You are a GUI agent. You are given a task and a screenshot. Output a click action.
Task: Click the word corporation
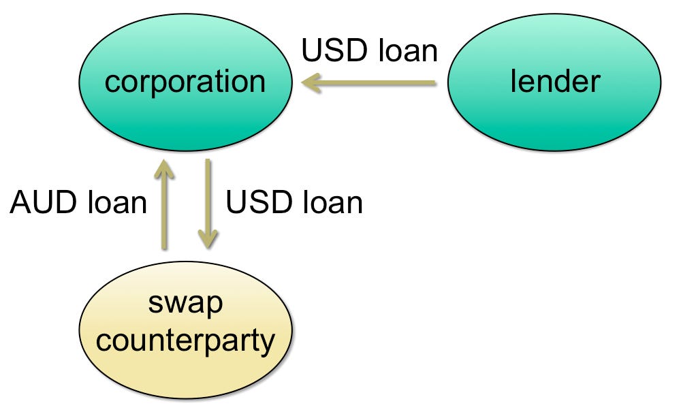coord(185,82)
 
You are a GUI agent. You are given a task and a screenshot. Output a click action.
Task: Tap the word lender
coord(555,82)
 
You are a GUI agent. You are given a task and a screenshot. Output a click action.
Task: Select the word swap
coord(185,304)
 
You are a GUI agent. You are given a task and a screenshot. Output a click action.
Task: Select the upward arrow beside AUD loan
coord(163,204)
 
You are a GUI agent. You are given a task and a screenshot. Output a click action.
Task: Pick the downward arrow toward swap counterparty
coord(208,204)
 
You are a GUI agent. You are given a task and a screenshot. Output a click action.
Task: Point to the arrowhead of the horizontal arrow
coord(311,84)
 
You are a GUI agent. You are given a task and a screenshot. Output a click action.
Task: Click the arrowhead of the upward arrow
coord(163,167)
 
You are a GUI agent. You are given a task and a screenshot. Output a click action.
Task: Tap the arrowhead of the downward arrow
coord(208,239)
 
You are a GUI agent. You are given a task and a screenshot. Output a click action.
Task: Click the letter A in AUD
coord(21,203)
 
